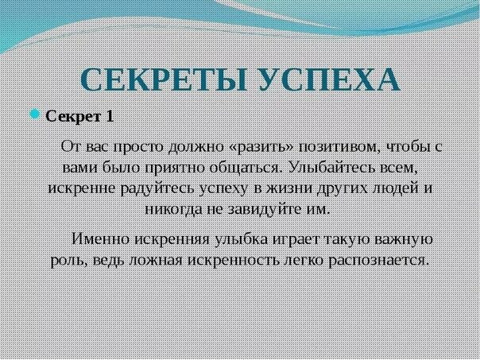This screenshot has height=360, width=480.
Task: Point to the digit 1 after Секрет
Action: coord(109,116)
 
